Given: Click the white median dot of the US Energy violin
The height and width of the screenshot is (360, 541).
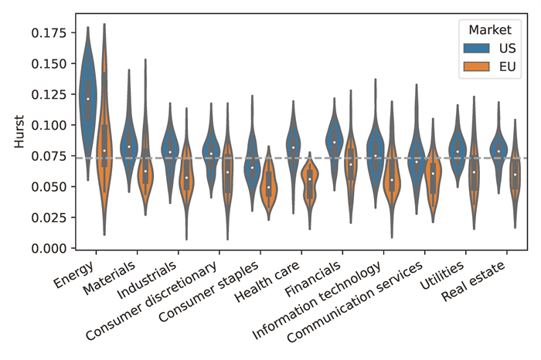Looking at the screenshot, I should (x=88, y=99).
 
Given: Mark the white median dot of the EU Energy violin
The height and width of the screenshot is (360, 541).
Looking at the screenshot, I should (x=104, y=151).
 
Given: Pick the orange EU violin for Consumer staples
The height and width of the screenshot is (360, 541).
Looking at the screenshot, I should (x=268, y=187).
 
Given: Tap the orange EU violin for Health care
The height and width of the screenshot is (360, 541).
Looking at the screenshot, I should (x=310, y=179).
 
